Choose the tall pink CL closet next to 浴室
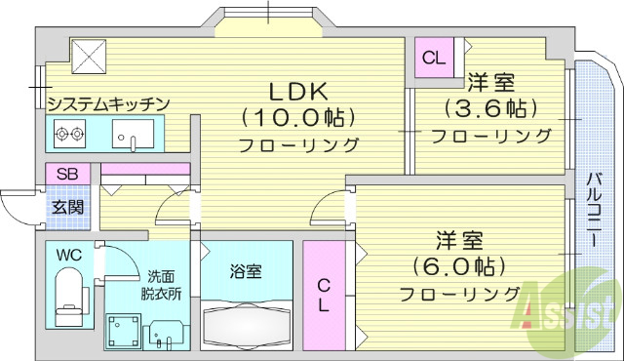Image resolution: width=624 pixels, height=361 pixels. point(324,294)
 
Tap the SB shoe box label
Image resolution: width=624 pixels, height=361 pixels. point(67,174)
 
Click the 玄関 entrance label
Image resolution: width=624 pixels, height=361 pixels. point(67,206)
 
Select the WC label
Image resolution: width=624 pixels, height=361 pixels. point(68,256)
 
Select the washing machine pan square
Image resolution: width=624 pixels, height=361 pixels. point(124,330)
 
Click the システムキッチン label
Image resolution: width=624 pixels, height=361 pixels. point(109,102)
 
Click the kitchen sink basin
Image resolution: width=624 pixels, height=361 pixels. point(131,134)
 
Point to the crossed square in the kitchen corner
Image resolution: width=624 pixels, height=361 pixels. point(87,55)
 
